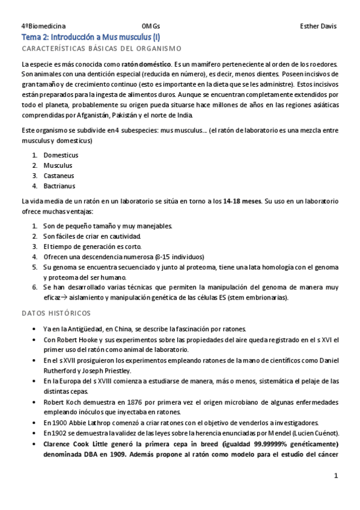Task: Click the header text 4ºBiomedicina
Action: (43, 26)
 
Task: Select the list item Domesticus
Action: (61, 155)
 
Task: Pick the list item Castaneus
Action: (58, 176)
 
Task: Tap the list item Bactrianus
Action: (59, 186)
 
